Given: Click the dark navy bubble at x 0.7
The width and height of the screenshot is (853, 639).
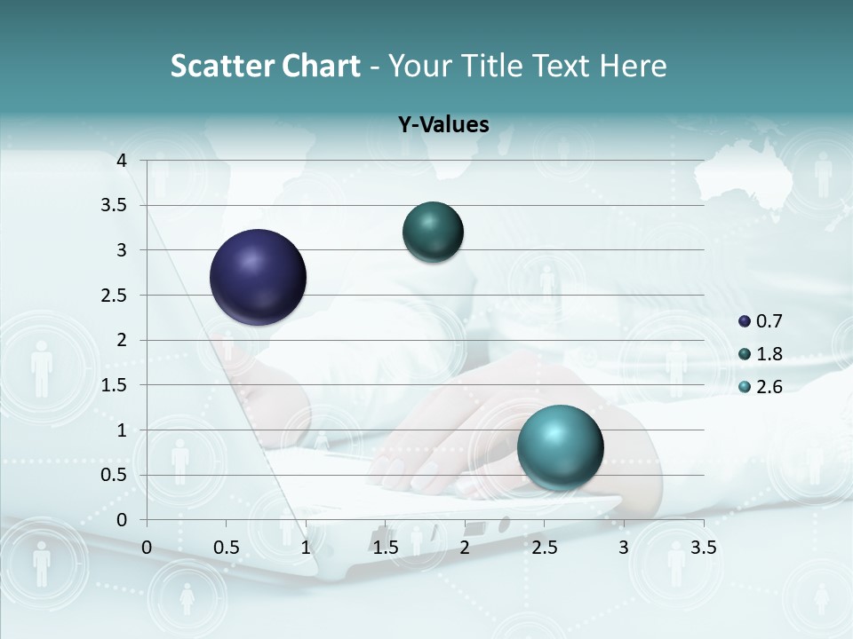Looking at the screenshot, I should [x=259, y=277].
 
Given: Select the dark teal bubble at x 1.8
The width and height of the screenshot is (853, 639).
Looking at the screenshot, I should [x=433, y=233].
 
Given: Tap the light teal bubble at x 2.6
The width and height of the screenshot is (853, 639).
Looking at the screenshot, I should [x=560, y=447].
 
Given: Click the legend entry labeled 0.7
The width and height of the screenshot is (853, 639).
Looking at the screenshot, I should [x=761, y=321].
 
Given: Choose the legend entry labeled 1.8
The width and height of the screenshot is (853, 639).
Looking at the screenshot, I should [x=761, y=354].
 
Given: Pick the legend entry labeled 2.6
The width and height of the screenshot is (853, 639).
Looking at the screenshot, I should [x=761, y=387].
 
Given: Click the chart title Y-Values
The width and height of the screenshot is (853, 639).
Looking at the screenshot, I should [x=443, y=125].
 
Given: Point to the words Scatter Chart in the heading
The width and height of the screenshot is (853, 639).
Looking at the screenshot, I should [x=266, y=66].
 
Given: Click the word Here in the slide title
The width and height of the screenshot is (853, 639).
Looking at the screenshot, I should [x=632, y=66].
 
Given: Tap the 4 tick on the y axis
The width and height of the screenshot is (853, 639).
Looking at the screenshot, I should [x=122, y=161].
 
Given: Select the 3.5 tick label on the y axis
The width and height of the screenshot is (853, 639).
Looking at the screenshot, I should [x=115, y=205].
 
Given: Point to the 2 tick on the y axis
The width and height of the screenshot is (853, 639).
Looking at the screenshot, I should [x=122, y=340].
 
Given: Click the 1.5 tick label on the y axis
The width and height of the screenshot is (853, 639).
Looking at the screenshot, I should [x=115, y=385].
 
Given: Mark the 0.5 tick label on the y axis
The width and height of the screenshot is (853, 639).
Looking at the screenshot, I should [x=115, y=475].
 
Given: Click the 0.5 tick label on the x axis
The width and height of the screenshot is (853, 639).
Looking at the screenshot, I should [x=227, y=548].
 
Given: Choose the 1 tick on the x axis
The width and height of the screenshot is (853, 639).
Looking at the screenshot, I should [x=306, y=548].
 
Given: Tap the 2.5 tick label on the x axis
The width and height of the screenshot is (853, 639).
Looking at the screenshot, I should [x=544, y=548].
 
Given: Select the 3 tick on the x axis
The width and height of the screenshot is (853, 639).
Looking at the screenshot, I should [x=624, y=548].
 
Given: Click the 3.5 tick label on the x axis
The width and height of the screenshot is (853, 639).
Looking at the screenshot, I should [x=703, y=548].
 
